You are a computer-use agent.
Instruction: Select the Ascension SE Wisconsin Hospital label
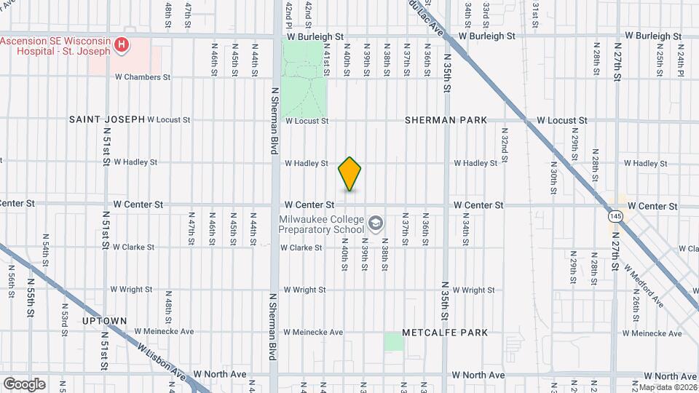[56, 45]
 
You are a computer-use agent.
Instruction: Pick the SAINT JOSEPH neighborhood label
[106, 119]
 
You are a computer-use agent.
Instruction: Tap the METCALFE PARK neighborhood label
[448, 333]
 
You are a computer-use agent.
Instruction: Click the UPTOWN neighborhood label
[104, 320]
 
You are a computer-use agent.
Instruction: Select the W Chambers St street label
[142, 76]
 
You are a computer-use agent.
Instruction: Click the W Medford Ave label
[652, 289]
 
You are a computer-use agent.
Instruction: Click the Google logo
[24, 384]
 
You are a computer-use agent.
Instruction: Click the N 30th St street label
[553, 170]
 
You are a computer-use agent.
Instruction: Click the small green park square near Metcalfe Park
[393, 341]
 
